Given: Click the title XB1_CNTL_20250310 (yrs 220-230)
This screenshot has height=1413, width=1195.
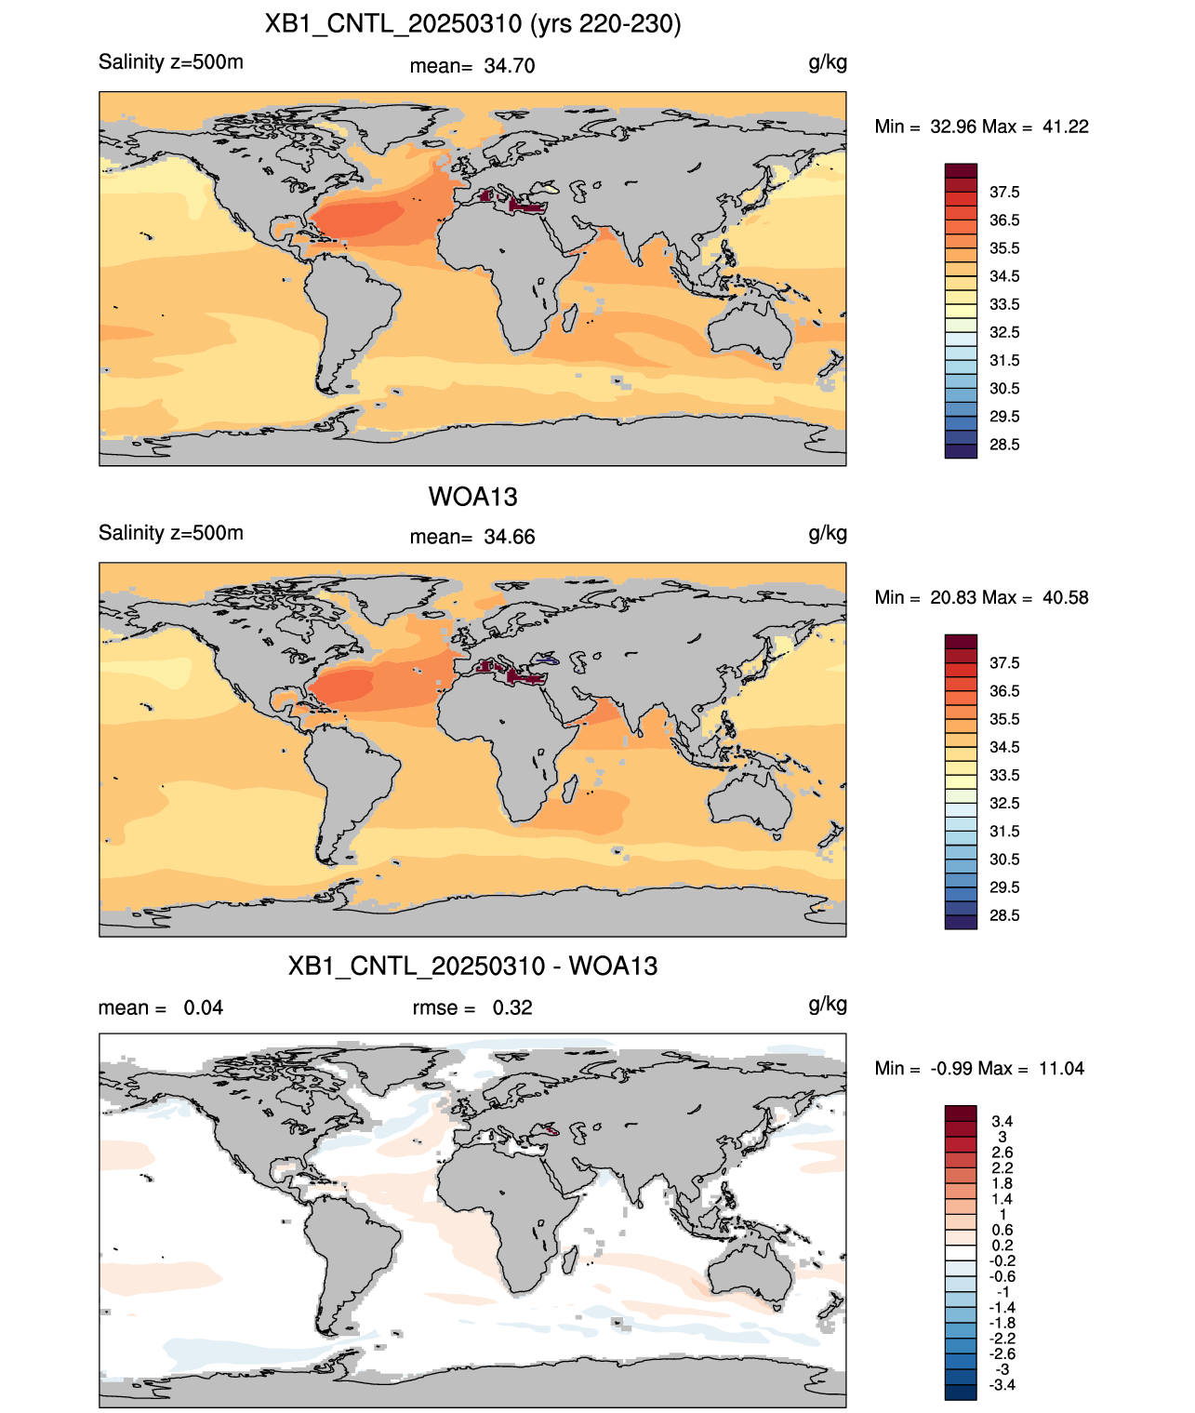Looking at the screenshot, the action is (x=472, y=24).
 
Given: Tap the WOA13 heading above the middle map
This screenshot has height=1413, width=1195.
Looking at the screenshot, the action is (x=472, y=497).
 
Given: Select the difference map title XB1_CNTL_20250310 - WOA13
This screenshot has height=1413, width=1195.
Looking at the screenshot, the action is (x=472, y=966).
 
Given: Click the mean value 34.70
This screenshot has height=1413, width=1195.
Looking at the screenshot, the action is (x=509, y=66).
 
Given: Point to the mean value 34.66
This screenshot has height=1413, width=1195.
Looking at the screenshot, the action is (x=509, y=538).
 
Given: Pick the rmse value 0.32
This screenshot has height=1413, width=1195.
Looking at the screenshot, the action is (x=512, y=1007).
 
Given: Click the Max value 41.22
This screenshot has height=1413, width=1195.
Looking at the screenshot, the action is (x=1065, y=127).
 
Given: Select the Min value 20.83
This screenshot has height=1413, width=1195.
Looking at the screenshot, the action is (x=953, y=598).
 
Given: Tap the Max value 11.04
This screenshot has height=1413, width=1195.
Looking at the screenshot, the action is (x=1061, y=1069).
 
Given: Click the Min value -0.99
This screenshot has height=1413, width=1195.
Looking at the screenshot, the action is (x=951, y=1069).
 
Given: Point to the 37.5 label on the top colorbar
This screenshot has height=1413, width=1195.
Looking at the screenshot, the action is (x=1004, y=193).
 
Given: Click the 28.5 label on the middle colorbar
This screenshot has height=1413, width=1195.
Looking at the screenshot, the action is (x=1004, y=916).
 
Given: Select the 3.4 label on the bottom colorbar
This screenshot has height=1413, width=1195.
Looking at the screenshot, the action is (x=1002, y=1121).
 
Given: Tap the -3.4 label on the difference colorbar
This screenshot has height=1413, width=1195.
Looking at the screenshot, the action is (x=1002, y=1385).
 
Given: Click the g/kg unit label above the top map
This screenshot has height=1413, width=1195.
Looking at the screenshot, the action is (x=828, y=63).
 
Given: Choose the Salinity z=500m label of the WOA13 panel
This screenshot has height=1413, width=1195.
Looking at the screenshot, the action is (x=171, y=533).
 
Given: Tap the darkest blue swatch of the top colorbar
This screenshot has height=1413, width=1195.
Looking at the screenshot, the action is (x=961, y=451).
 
